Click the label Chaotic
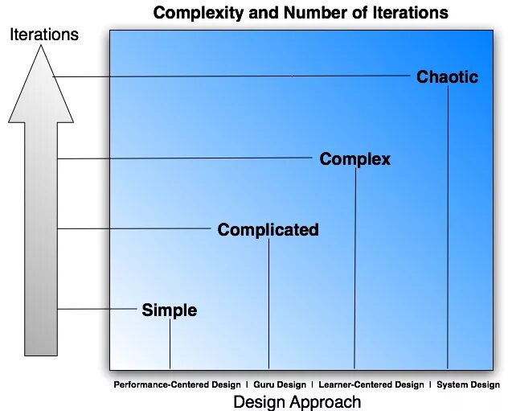point(447,77)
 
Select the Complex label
point(354,159)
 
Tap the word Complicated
point(268,230)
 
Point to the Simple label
point(169,310)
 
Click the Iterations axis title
point(43,34)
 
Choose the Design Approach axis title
point(297,401)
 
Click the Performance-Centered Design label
point(177,384)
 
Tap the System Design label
point(468,384)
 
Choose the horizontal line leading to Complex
point(185,159)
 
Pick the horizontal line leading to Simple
point(96,309)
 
